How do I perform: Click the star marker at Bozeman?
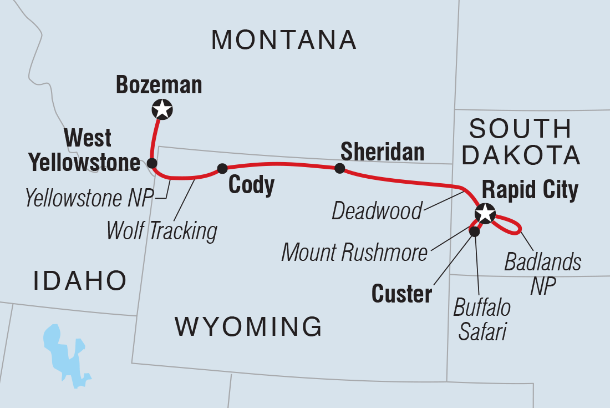click(x=162, y=109)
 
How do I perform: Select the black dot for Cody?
click(x=222, y=168)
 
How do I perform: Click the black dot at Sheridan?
click(x=339, y=168)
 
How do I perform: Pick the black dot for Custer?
click(x=474, y=231)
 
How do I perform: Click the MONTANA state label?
click(x=284, y=40)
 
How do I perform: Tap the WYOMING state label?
click(x=248, y=326)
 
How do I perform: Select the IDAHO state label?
click(x=79, y=281)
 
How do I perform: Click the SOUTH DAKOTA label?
click(x=521, y=143)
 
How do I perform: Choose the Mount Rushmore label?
click(x=355, y=253)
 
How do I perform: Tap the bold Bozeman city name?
click(x=159, y=85)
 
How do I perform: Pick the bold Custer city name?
click(x=401, y=294)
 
